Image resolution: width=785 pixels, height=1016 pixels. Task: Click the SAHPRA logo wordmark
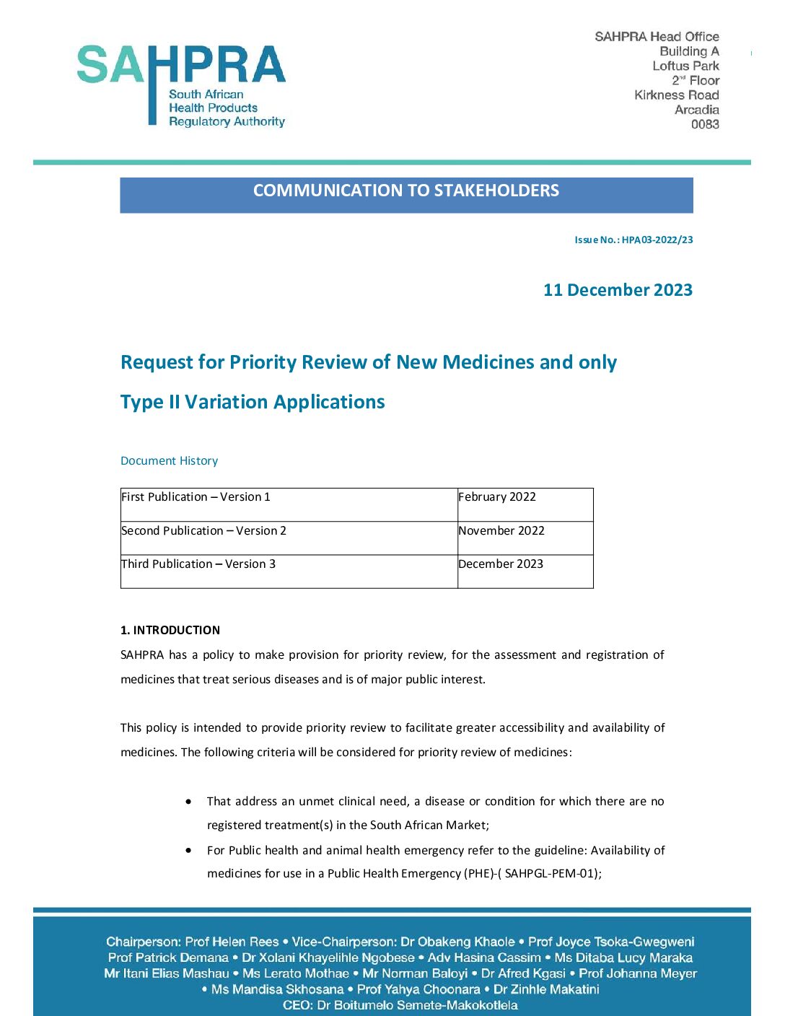tap(181, 66)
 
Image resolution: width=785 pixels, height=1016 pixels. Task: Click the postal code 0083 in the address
tap(704, 124)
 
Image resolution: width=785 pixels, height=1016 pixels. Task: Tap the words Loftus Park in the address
tap(685, 66)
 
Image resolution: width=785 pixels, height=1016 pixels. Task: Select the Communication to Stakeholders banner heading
tap(406, 190)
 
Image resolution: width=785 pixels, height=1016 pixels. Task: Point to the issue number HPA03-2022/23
tap(657, 240)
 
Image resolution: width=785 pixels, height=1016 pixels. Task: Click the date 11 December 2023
tap(618, 290)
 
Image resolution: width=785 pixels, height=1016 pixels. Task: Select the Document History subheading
tap(169, 460)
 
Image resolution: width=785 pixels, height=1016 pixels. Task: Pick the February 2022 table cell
tap(497, 497)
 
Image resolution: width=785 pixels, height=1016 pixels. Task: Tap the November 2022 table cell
tap(501, 531)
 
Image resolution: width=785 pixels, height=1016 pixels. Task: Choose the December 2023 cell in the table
tap(501, 564)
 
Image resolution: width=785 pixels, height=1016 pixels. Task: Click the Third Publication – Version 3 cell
tap(198, 564)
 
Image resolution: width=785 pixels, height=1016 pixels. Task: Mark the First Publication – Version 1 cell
tap(196, 497)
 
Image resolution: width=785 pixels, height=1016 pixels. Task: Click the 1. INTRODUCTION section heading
tap(170, 630)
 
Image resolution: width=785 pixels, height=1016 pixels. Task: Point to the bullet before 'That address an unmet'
tap(189, 801)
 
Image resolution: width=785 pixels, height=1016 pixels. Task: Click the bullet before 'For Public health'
tap(189, 850)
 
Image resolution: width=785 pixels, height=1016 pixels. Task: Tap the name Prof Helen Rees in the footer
tap(232, 942)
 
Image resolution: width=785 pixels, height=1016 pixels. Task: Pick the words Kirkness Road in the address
tap(676, 95)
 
